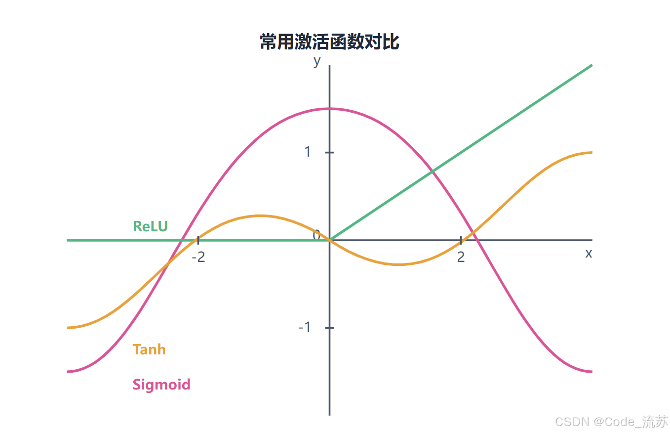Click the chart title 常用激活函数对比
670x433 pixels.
coord(329,43)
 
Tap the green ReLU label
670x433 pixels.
coord(150,226)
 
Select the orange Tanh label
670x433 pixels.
coord(149,349)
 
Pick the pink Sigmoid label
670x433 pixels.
coord(161,384)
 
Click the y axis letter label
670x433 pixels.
coord(317,61)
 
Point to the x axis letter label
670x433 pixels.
coord(588,254)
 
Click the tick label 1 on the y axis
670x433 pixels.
coord(308,152)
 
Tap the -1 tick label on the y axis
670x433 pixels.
coord(305,327)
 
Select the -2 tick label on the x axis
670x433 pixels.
coord(198,257)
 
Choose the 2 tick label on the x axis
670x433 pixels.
coord(461,257)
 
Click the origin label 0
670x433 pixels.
coord(317,235)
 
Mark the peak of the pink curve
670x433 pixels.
coord(329,109)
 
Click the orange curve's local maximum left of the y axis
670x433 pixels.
coord(260,216)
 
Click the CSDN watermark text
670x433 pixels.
coord(611,422)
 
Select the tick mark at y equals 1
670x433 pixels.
coord(329,152)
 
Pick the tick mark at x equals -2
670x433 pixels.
coord(198,240)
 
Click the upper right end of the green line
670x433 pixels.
coord(591,65)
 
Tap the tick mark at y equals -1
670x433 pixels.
coord(329,328)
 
